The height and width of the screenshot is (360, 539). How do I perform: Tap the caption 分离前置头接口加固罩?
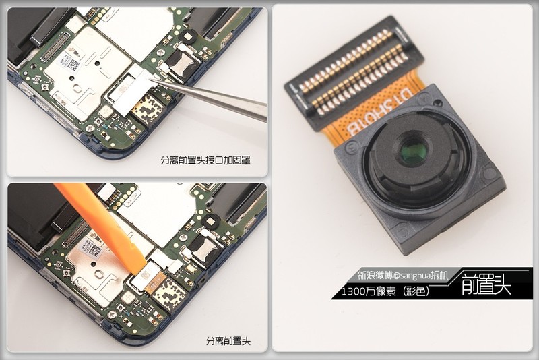pyautogui.click(x=205, y=160)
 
